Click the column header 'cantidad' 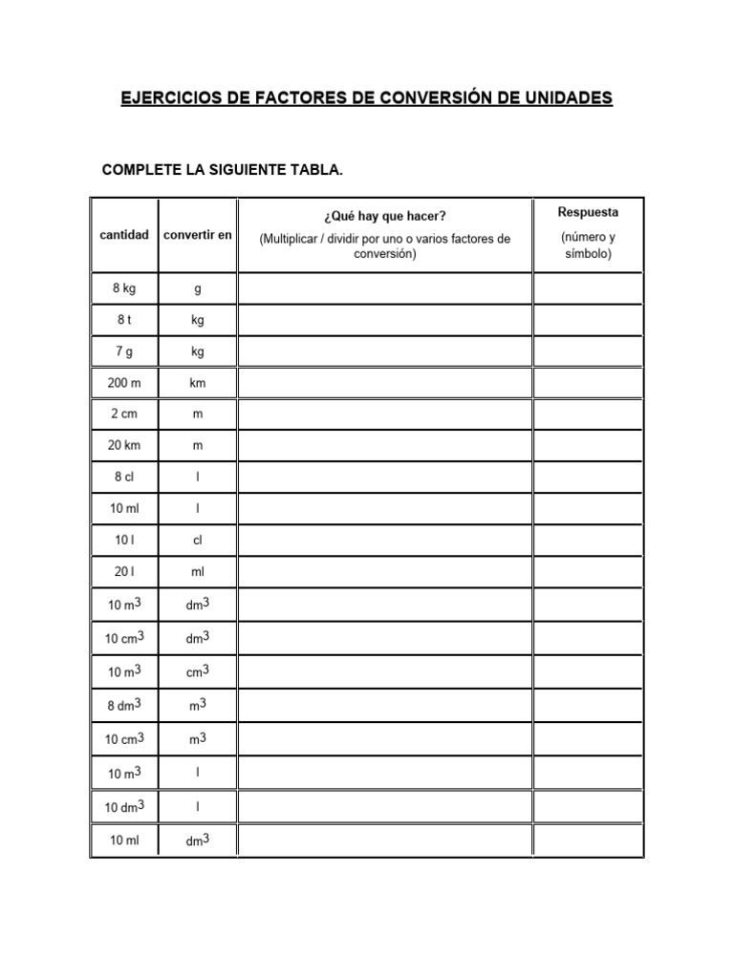(124, 235)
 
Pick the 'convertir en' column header (198, 235)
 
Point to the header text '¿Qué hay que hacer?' (385, 217)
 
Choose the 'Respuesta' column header (588, 212)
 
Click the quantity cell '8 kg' (124, 288)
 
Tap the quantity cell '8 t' (124, 320)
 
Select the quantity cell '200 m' (124, 383)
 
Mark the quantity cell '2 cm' (124, 415)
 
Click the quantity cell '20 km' (124, 446)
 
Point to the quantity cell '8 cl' (124, 477)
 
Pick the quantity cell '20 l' (124, 571)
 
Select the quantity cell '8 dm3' (124, 705)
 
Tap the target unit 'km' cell (198, 383)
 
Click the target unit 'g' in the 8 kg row (198, 288)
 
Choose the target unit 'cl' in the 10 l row (198, 540)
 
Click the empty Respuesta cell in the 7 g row (588, 351)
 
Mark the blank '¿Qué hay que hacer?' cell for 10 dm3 (385, 807)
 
